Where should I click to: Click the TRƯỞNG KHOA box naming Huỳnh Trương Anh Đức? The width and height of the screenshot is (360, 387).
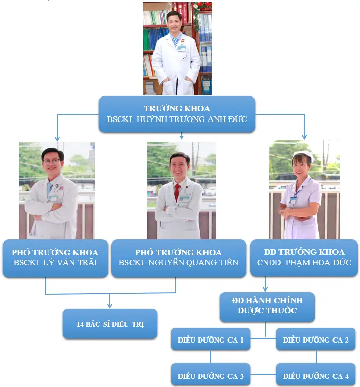(x=177, y=114)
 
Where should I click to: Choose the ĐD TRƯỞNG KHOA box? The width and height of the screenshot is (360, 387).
(x=304, y=258)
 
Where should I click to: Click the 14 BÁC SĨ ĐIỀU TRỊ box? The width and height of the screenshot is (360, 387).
(x=109, y=324)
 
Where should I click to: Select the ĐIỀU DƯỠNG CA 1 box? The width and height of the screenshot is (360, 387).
(x=211, y=340)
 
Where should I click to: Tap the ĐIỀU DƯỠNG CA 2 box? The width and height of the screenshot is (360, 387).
(x=316, y=340)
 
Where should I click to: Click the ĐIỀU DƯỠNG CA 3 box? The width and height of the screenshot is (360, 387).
(x=211, y=376)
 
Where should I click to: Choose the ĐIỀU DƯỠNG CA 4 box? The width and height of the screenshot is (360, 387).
(x=316, y=376)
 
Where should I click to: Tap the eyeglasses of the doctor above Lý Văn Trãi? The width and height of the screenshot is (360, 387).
(x=53, y=161)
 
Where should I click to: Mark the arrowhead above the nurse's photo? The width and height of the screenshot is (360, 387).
(x=304, y=136)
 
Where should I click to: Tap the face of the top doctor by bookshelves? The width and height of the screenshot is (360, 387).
(x=174, y=22)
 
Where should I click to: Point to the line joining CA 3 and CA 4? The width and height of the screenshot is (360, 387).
(x=263, y=374)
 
